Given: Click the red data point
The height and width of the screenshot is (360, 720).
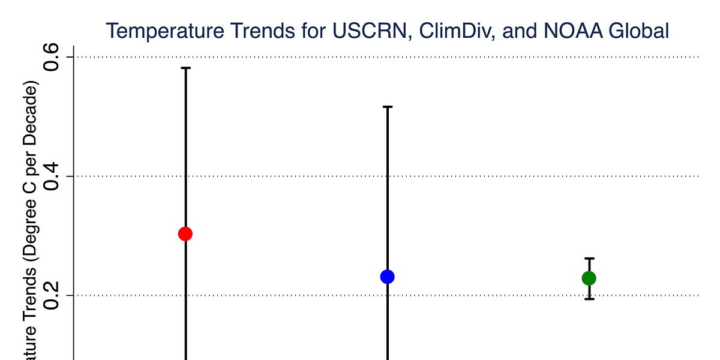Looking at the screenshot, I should [x=185, y=233].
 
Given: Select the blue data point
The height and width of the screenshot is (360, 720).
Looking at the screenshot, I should [x=387, y=277].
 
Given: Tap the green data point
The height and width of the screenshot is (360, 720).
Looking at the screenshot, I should [x=589, y=278].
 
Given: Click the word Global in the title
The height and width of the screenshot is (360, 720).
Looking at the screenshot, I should [x=635, y=31].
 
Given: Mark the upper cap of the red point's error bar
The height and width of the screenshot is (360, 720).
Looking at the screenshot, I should [x=186, y=68].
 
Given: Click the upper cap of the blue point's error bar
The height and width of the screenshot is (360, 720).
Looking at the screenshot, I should [x=388, y=107].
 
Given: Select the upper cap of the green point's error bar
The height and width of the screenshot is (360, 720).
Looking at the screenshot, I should [x=589, y=259].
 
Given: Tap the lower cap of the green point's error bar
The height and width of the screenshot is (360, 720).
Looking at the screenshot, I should [x=589, y=298].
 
